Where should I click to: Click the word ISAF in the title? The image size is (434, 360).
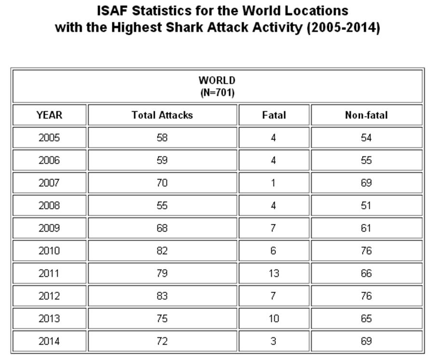113,11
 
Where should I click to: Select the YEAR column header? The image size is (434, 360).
49,115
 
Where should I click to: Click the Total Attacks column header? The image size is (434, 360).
162,115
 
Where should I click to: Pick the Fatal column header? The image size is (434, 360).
273,115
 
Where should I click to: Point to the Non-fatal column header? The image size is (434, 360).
366,115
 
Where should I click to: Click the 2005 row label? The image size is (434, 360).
49,138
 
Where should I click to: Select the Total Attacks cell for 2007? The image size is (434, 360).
162,183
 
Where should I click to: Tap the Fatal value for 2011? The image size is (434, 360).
273,274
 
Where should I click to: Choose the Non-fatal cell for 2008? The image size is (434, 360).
366,206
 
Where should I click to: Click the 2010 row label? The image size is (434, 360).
49,251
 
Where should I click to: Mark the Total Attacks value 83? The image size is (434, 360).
162,296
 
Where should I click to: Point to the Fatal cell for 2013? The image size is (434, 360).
273,319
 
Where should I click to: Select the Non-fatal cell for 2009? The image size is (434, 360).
366,228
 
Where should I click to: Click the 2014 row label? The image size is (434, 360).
49,342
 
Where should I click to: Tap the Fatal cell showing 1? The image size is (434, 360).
273,183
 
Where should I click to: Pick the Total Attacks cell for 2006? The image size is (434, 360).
162,160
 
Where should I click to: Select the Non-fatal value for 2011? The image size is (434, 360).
366,274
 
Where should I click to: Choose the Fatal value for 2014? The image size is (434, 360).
273,342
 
